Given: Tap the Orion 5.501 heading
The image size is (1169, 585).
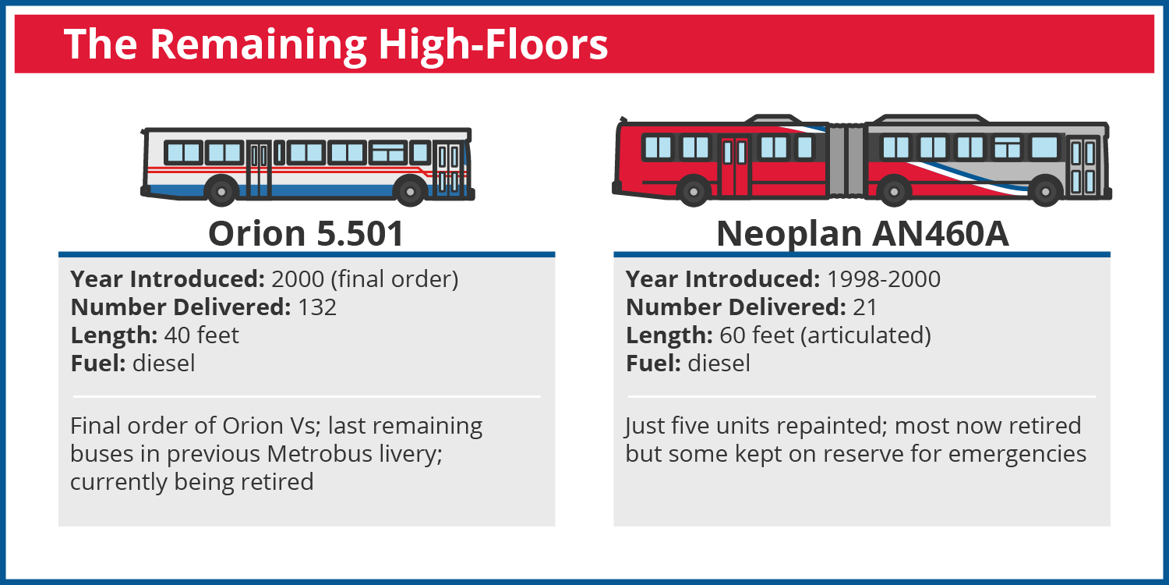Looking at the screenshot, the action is pyautogui.click(x=306, y=233).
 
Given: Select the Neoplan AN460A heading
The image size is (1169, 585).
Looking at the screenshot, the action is pyautogui.click(x=862, y=233).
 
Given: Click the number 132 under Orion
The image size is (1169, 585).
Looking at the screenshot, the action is pyautogui.click(x=317, y=307).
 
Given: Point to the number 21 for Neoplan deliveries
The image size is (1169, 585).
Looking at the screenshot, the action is pyautogui.click(x=865, y=307).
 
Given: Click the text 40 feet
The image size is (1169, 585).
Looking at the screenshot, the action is pyautogui.click(x=202, y=335).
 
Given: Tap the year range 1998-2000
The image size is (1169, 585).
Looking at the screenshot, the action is pyautogui.click(x=884, y=279).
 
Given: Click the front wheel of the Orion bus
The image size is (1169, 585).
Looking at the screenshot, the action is pyautogui.click(x=410, y=191).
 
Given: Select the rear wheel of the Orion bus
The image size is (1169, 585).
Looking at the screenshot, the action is pyautogui.click(x=221, y=191).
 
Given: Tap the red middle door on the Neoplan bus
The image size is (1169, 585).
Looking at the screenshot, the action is pyautogui.click(x=734, y=165).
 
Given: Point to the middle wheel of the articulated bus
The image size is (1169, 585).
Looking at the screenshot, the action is pyautogui.click(x=894, y=191).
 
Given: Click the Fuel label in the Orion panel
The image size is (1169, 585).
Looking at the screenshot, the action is pyautogui.click(x=98, y=363).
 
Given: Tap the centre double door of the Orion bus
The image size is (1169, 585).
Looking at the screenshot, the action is pyautogui.click(x=258, y=169).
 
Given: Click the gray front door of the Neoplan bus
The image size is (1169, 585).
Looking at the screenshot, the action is pyautogui.click(x=1083, y=166).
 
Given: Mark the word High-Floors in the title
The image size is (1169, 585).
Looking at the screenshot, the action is pyautogui.click(x=493, y=45).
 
